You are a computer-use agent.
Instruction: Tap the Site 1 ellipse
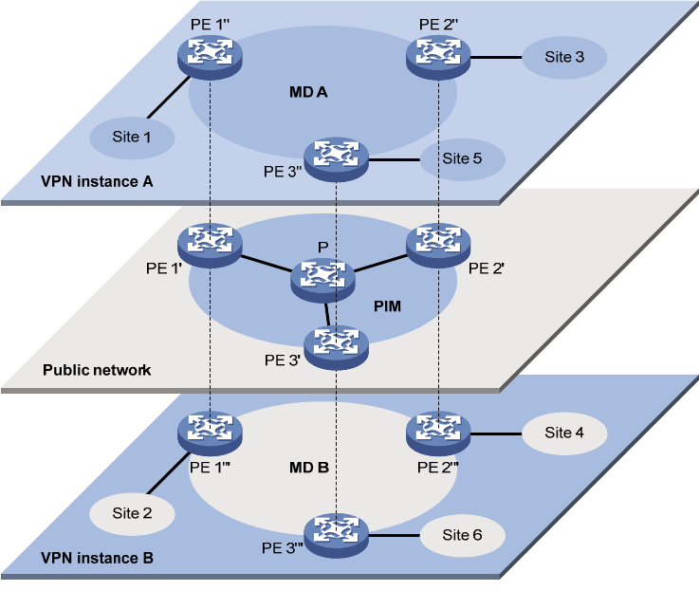click(x=133, y=138)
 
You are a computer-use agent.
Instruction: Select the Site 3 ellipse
click(x=564, y=57)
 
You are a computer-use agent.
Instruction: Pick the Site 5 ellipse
click(x=462, y=158)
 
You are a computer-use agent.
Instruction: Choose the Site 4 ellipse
click(x=564, y=433)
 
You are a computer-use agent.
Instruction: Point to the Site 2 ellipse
click(x=133, y=513)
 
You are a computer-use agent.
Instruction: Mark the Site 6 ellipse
click(x=462, y=535)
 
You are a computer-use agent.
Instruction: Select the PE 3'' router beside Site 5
click(x=335, y=158)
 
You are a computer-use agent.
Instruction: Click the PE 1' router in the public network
click(x=211, y=244)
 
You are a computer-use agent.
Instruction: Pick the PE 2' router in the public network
click(x=438, y=244)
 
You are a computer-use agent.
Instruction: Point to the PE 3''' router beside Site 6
click(x=335, y=534)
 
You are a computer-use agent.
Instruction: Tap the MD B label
click(x=309, y=468)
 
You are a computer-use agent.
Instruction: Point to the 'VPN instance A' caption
click(x=97, y=180)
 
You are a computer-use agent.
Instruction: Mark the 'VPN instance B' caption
click(x=97, y=557)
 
